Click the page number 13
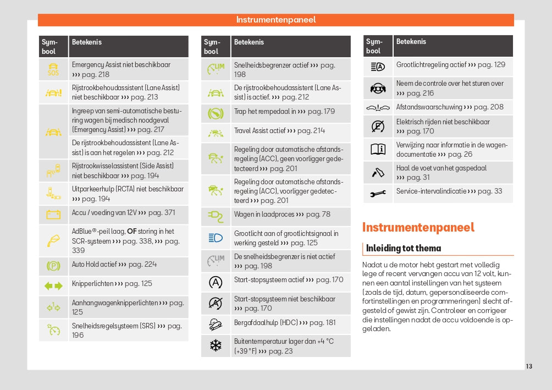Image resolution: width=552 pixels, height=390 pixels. point(529,366)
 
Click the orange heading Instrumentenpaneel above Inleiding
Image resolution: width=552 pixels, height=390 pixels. point(418,227)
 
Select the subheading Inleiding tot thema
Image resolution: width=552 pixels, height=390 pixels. point(403,248)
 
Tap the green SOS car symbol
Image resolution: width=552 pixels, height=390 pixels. point(53,69)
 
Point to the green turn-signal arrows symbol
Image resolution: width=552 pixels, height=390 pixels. point(53,285)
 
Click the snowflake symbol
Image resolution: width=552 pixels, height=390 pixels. point(216,345)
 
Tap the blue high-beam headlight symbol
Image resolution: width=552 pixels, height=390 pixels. point(216,238)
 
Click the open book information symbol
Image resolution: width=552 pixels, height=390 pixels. point(378,149)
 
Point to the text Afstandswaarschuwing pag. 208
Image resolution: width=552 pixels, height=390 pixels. point(449,107)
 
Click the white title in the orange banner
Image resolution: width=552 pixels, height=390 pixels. point(276,20)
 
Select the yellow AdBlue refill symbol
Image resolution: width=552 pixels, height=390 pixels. point(53,240)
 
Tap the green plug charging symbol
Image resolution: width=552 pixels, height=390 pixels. point(216,215)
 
